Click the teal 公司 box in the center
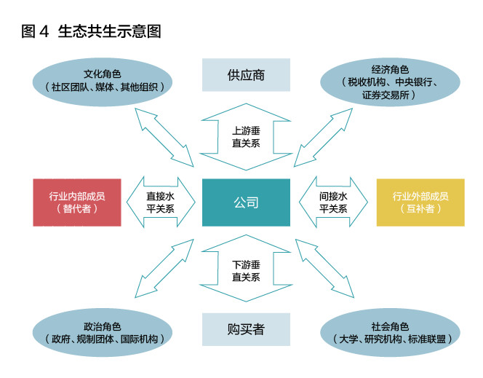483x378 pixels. (246, 202)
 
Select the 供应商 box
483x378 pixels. (246, 74)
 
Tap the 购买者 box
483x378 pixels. (246, 329)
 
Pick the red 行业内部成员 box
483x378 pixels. (76, 202)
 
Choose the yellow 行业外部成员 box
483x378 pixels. (420, 202)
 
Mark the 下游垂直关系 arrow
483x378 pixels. (246, 270)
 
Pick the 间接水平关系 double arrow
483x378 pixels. (333, 202)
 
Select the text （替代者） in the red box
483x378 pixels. (76, 209)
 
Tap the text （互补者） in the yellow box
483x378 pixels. (420, 209)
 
